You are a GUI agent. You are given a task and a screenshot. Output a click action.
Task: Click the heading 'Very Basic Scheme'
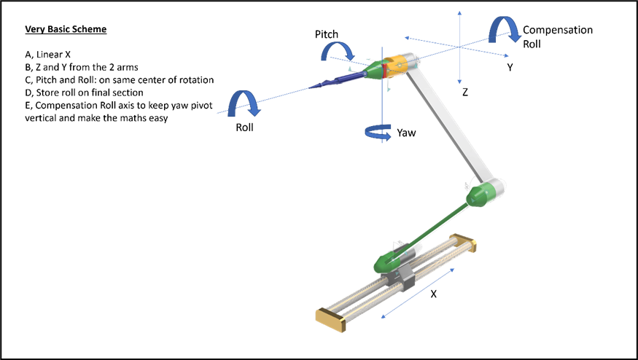[x=66, y=29]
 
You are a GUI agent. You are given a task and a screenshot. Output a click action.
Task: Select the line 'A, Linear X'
[x=47, y=55]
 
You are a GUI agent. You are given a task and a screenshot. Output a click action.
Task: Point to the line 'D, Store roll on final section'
[x=84, y=93]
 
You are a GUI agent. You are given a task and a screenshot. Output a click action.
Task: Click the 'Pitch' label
[x=327, y=34]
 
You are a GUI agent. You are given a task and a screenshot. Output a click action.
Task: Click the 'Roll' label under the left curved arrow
[x=244, y=128]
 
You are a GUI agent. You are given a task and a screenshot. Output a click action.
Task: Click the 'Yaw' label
[x=406, y=133]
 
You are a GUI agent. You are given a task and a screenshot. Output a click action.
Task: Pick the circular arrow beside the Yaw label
[x=378, y=133]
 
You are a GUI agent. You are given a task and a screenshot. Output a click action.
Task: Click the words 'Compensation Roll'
[x=558, y=37]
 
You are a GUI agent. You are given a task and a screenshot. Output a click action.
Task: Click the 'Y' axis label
[x=510, y=68]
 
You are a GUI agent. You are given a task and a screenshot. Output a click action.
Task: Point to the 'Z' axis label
[x=464, y=93]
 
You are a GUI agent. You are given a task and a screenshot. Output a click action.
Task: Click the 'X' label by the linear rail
[x=433, y=294]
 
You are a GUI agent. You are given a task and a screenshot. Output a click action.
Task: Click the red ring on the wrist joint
[x=384, y=69]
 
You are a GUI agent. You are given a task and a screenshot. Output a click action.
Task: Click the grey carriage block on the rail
[x=398, y=281]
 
